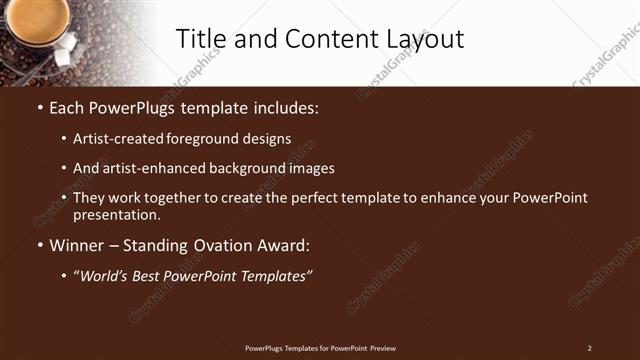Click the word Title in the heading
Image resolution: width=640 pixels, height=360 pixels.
click(201, 39)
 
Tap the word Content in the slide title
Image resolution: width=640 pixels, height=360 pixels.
click(321, 39)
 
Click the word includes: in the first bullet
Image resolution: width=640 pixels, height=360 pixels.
click(285, 107)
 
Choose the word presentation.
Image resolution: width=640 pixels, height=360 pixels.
click(116, 214)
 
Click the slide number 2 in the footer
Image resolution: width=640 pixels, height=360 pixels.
click(589, 348)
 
